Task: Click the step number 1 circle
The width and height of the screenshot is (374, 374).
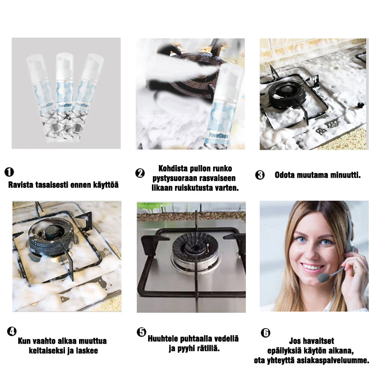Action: (x=10, y=172)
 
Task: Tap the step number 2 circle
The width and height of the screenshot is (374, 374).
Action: (x=140, y=173)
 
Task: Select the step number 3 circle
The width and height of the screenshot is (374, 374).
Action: (x=260, y=175)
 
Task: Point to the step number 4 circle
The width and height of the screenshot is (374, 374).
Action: (x=12, y=332)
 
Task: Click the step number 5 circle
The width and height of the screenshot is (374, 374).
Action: (x=142, y=332)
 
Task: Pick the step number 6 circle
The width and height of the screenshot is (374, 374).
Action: (x=266, y=332)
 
